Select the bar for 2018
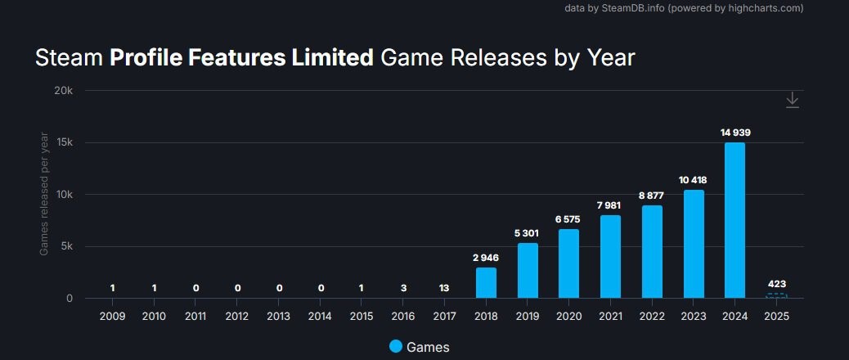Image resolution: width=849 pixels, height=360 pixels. pyautogui.click(x=486, y=282)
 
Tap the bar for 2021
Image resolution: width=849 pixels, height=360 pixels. pyautogui.click(x=610, y=256)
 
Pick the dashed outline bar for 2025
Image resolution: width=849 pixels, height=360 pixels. pyautogui.click(x=776, y=295)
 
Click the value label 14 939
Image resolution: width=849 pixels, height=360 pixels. pyautogui.click(x=734, y=133)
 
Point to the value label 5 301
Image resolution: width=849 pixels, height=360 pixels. pyautogui.click(x=528, y=233)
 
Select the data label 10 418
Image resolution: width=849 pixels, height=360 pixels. pyautogui.click(x=693, y=180)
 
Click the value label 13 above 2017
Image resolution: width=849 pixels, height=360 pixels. pyautogui.click(x=444, y=288)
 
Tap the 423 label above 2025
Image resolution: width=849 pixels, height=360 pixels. pyautogui.click(x=776, y=284)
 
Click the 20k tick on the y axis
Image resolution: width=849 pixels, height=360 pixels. pyautogui.click(x=64, y=91)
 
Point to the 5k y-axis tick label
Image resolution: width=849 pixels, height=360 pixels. pyautogui.click(x=67, y=246)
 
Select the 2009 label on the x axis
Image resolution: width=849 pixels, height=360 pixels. pyautogui.click(x=112, y=316)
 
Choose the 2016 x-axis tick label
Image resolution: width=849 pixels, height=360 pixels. pyautogui.click(x=402, y=316)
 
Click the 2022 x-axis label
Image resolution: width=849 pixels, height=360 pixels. pyautogui.click(x=652, y=316)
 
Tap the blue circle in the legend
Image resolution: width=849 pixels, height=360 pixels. pyautogui.click(x=396, y=346)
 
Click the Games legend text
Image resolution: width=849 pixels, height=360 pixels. pyautogui.click(x=428, y=347)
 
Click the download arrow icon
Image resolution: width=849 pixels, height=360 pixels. pyautogui.click(x=792, y=100)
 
